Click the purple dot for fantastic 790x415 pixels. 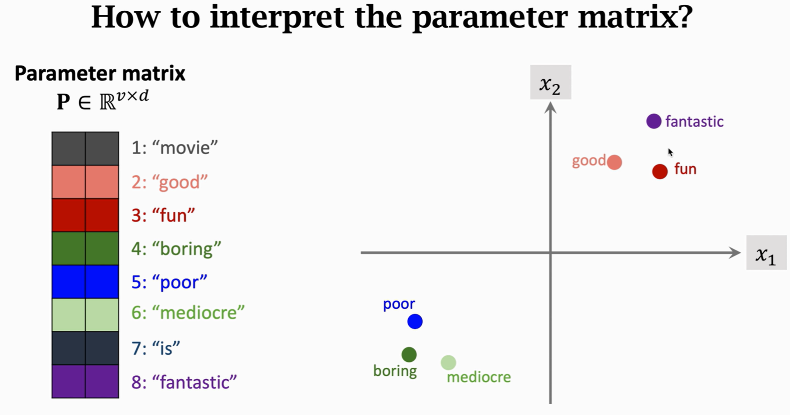654,121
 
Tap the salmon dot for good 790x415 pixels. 614,162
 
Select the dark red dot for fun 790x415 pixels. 660,171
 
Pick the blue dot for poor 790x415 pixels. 415,321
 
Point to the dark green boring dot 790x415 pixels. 409,355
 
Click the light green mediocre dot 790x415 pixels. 448,362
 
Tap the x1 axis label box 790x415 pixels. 766,252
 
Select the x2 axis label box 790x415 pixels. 551,82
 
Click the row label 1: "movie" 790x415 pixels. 175,148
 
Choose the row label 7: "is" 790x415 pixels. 156,348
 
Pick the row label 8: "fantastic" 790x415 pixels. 184,382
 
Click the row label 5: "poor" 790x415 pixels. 169,283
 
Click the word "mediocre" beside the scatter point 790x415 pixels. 479,377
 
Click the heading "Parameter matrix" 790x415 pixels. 100,73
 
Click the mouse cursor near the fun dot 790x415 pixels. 670,152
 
